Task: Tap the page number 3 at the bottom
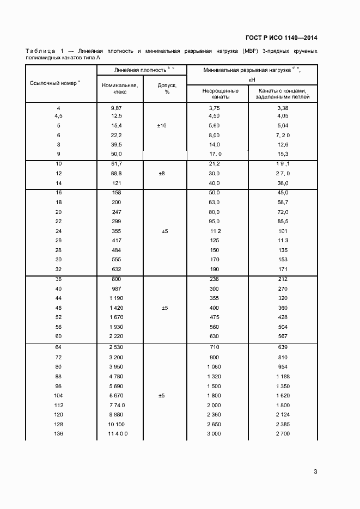tap(315, 471)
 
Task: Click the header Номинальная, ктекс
tap(120, 89)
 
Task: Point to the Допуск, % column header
tap(165, 89)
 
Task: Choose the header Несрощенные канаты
tap(217, 93)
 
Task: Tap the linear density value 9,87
tap(116, 108)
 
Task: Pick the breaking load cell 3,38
tap(282, 108)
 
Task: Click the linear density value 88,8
tap(116, 173)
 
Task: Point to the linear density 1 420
tap(116, 308)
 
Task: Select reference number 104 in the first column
tap(59, 396)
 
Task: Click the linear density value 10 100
tap(116, 424)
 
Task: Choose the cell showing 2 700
tap(282, 433)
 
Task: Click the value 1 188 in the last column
tap(282, 377)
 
